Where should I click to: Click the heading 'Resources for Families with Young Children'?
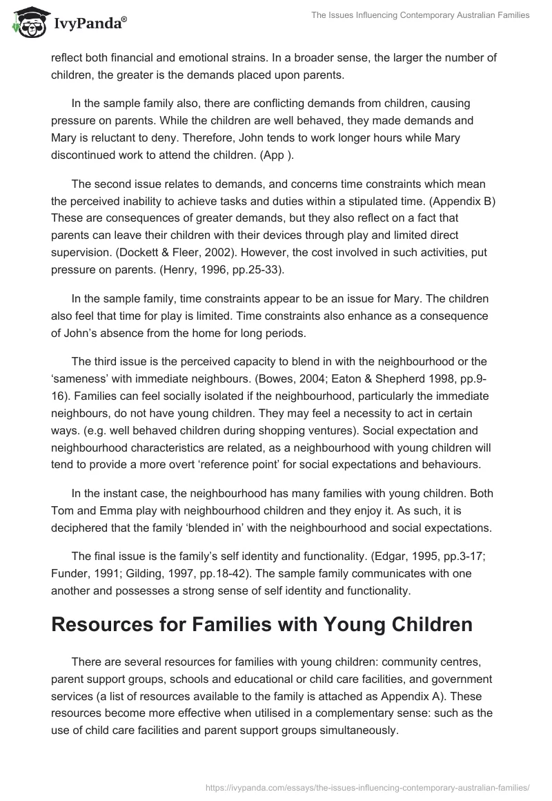coord(261,624)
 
